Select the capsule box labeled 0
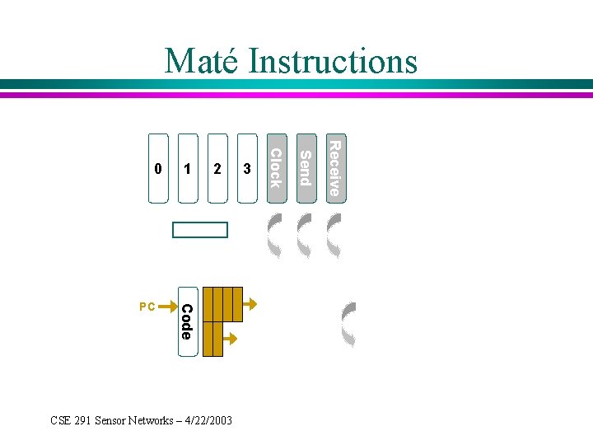tap(158, 169)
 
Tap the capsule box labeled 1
tap(188, 169)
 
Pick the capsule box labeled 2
tap(217, 169)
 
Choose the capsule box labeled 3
tap(246, 169)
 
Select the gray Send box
tap(305, 167)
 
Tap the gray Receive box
tap(334, 167)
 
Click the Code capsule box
tap(187, 321)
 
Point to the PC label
tap(147, 307)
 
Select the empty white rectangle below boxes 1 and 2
tap(199, 230)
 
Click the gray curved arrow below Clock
tap(275, 237)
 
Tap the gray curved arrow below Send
tap(305, 237)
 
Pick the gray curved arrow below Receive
tap(334, 237)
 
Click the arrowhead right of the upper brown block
tap(251, 303)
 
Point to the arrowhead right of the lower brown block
tap(232, 338)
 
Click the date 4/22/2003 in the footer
tap(206, 420)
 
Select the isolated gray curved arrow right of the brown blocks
tap(349, 324)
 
